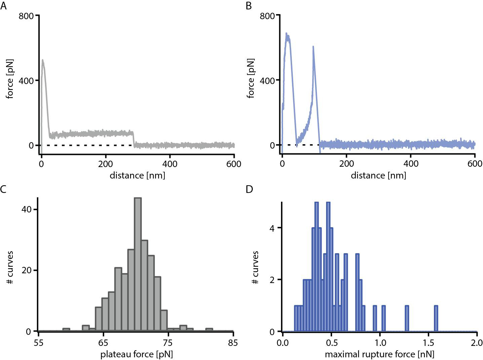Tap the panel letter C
(3, 189)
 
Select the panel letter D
(249, 189)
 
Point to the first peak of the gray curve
(43, 61)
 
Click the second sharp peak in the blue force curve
(313, 47)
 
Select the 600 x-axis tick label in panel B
(475, 164)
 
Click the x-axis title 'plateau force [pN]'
(137, 354)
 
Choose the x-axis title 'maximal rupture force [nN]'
(379, 354)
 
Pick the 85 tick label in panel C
(233, 343)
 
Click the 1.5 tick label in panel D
(428, 343)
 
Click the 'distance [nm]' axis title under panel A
(137, 175)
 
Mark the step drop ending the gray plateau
(133, 139)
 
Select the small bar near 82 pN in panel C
(209, 330)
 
